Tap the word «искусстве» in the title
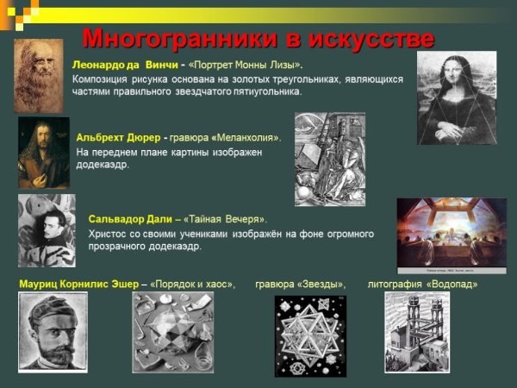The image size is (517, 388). pyautogui.click(x=371, y=39)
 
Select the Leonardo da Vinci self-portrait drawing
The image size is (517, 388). pyautogui.click(x=38, y=76)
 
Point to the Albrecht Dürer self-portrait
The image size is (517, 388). pyautogui.click(x=43, y=153)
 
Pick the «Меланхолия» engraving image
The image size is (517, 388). pyautogui.click(x=329, y=159)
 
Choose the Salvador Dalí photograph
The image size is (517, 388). pyautogui.click(x=47, y=230)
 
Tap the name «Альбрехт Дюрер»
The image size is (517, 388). pyautogui.click(x=118, y=137)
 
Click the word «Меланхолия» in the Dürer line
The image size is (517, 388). pyautogui.click(x=249, y=137)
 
